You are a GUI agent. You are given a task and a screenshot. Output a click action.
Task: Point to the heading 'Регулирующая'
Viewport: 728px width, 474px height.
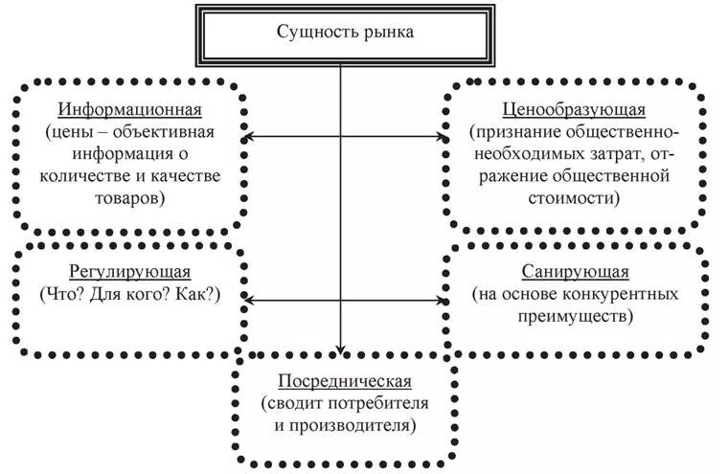(129, 273)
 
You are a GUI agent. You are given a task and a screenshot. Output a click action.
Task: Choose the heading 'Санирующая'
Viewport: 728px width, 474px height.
(576, 273)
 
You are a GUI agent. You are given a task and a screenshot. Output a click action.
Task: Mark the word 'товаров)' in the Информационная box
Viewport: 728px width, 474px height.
(129, 198)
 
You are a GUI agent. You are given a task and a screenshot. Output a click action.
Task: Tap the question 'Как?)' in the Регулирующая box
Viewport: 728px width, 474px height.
(196, 295)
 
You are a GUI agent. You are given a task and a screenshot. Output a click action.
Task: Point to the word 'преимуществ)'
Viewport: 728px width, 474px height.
(576, 316)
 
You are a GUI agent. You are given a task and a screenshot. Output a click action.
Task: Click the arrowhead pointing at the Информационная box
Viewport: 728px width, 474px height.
(247, 139)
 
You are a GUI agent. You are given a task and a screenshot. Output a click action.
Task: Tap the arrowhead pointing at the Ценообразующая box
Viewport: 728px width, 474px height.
(444, 139)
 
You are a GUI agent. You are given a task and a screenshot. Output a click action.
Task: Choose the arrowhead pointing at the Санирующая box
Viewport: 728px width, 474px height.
(444, 300)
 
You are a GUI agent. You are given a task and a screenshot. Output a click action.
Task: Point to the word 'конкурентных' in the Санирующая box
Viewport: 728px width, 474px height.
(635, 295)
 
